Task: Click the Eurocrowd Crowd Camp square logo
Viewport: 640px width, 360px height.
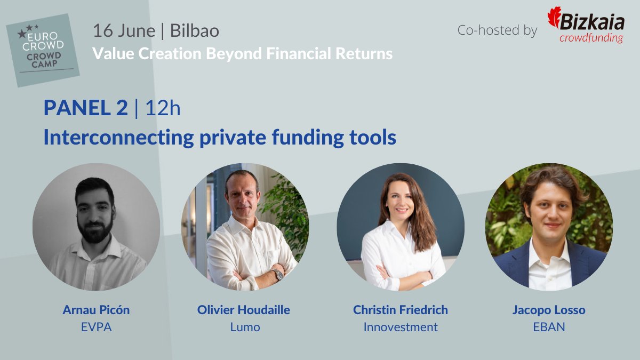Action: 43,51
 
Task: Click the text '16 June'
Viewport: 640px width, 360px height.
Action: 124,31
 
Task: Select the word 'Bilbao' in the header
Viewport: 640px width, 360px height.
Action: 194,31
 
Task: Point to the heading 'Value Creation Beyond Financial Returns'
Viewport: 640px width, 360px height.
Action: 243,54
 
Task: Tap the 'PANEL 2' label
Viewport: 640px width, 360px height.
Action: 86,108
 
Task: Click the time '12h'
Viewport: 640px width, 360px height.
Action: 163,108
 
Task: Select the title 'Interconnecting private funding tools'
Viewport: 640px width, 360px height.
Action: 220,138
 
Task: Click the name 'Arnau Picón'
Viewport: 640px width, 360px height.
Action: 96,310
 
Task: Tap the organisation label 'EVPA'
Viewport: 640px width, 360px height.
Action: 96,327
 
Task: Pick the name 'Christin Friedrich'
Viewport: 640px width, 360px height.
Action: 401,310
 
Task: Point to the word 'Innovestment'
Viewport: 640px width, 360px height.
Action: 401,327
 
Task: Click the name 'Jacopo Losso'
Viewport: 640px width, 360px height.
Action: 549,310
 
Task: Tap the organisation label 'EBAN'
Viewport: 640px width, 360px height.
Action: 549,327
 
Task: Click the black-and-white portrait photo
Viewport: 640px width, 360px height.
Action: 96,227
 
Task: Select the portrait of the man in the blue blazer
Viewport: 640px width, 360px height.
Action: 549,227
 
